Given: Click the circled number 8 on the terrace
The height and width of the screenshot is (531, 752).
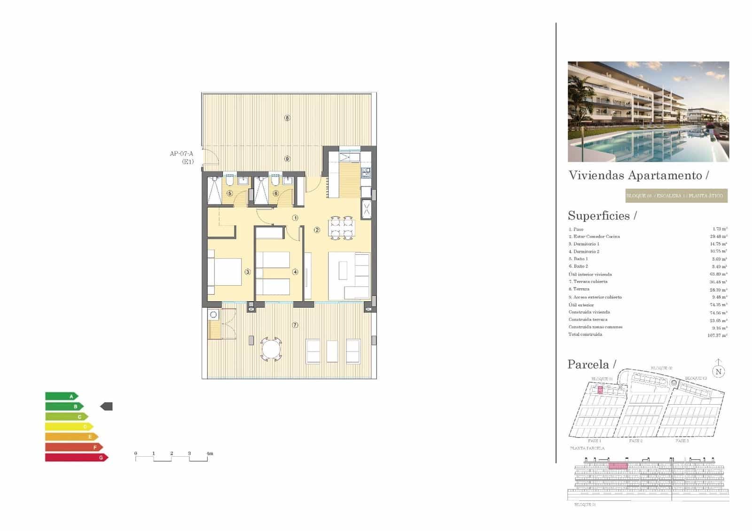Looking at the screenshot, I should coord(287,118).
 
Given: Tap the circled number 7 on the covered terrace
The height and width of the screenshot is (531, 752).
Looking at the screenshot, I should coord(295,325).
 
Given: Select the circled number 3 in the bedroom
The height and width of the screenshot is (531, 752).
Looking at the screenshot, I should coord(248,272).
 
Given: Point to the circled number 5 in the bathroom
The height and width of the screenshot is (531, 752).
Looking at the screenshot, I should coord(229,193).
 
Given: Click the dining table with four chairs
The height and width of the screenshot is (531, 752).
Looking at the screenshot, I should coord(342,228).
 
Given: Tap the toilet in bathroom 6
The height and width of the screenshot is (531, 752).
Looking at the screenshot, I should coord(276,181).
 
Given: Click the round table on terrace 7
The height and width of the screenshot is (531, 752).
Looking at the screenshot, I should coord(271,349).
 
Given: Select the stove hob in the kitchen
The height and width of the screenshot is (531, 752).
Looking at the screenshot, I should coord(366,172).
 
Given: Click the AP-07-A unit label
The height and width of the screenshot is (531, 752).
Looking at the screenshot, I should coord(181,154).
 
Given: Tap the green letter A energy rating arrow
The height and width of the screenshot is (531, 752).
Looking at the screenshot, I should coord(62,397).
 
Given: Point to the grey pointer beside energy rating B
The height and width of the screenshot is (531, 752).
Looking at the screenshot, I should coord(107,406).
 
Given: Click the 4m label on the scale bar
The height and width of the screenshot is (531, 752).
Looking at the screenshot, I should coord(210,453).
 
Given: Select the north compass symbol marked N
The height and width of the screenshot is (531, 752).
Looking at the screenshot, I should coord(718,370).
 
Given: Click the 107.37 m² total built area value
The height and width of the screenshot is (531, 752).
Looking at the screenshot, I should coord(717,336).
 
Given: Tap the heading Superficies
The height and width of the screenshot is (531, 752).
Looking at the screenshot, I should coord(599,216).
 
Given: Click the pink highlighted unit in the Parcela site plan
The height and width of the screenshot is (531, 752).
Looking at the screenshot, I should coord(600,390).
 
